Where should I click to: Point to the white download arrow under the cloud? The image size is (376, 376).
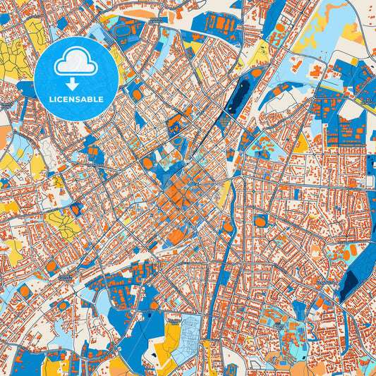77,83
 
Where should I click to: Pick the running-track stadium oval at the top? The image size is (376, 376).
126,31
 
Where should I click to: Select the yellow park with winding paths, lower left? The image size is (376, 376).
63,224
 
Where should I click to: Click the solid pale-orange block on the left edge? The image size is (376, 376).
5,134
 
